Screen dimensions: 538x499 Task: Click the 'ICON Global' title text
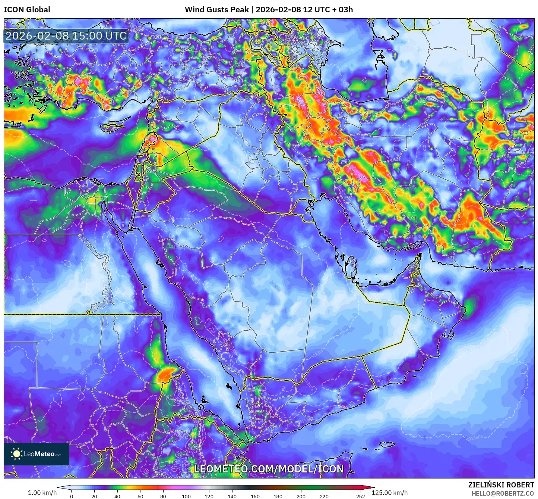27,10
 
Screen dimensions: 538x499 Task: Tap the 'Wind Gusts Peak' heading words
216,10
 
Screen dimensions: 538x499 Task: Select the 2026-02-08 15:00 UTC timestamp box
66,36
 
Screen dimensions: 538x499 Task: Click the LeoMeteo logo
37,454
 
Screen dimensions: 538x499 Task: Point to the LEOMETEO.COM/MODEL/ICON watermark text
269,469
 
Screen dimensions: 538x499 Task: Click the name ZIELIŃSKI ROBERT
501,485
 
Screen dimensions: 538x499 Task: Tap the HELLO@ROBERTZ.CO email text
503,493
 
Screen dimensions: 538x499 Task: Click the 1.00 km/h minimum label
42,493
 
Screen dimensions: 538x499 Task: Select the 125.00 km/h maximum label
389,493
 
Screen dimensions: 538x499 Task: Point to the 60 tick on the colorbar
140,496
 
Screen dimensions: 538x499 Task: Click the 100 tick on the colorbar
186,496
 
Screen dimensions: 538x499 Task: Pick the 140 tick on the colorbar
232,496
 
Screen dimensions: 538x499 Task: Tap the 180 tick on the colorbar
278,496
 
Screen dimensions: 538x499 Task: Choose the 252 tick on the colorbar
360,496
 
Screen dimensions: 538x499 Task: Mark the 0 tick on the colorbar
72,496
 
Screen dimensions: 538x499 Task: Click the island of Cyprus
114,127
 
